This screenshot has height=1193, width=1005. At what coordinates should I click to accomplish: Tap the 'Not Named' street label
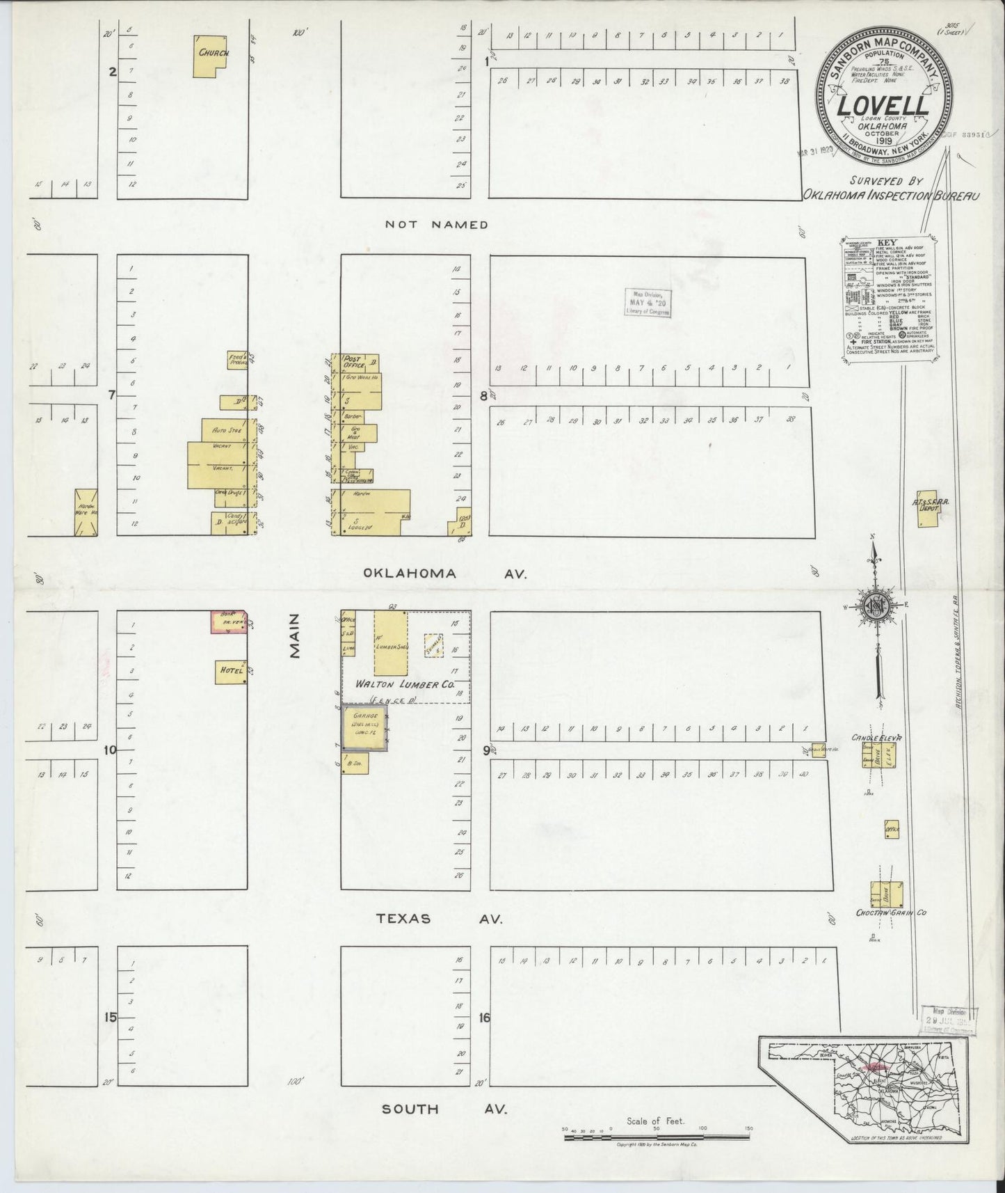437,224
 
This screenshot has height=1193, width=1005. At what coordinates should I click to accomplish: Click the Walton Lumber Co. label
405,685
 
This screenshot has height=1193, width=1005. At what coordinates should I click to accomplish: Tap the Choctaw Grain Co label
892,912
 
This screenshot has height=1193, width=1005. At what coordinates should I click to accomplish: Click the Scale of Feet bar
657,1137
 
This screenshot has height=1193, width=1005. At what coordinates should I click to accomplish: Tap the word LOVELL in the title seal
883,106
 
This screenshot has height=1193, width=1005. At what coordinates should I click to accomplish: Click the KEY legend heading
889,243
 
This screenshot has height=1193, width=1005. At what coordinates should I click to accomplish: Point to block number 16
485,1017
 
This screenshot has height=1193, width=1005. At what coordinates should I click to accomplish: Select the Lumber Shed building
391,643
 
